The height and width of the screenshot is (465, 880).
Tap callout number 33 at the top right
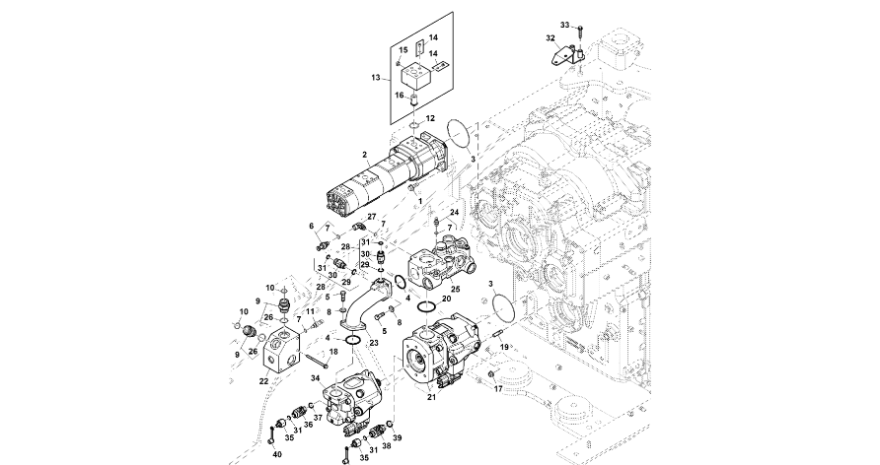565,24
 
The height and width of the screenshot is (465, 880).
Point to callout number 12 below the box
429,118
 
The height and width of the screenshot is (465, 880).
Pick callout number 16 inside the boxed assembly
400,96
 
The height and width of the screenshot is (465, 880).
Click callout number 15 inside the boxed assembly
403,48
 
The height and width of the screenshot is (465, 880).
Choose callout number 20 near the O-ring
446,298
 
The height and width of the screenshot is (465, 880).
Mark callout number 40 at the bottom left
276,453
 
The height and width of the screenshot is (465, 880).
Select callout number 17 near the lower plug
498,389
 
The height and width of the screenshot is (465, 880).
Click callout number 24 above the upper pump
455,213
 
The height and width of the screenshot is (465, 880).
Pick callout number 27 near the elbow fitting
372,215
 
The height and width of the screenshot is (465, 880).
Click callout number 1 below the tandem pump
418,201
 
